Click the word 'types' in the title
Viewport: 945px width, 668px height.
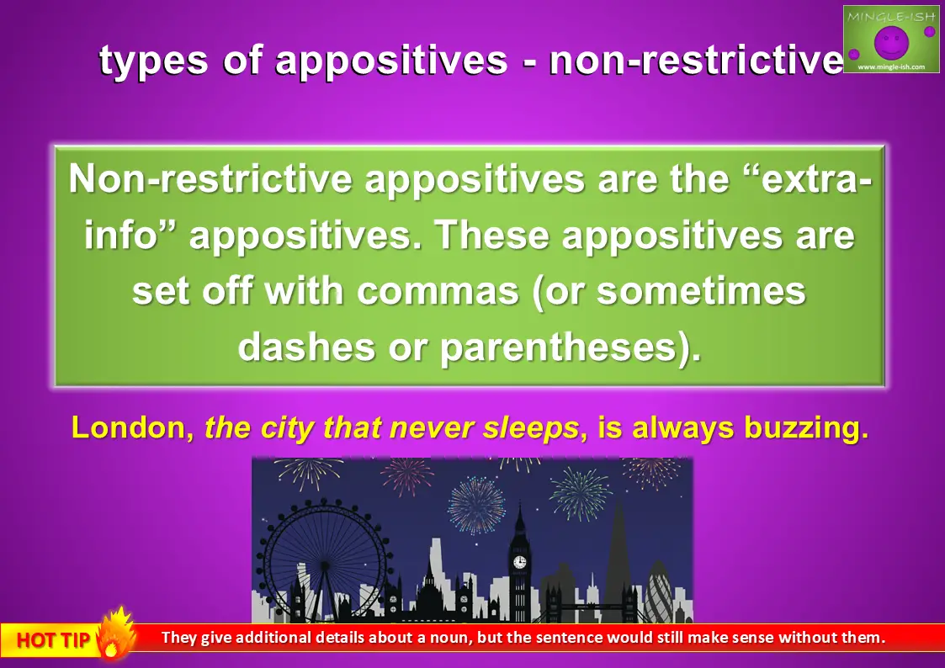(153, 61)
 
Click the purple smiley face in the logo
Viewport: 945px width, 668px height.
(891, 43)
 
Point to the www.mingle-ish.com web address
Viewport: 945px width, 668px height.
(891, 66)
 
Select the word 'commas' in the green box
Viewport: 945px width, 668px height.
(438, 291)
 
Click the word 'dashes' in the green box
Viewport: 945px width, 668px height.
(306, 347)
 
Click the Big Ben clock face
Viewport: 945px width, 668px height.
(519, 563)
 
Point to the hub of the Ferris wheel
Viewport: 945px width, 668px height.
(325, 565)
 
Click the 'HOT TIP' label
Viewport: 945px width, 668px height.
(53, 639)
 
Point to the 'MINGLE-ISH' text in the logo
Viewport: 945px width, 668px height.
(891, 16)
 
